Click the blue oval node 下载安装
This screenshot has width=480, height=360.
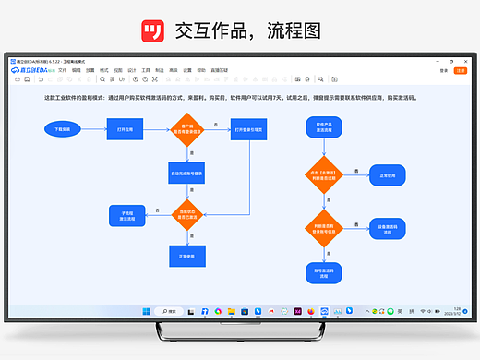click(62, 130)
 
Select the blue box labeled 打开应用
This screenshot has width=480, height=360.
click(125, 130)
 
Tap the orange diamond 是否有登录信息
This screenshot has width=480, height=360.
click(187, 130)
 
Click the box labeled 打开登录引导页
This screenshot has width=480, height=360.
click(247, 130)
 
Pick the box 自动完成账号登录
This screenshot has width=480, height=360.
click(187, 173)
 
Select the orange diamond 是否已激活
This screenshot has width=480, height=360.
click(187, 214)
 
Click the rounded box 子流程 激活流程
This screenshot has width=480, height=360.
click(127, 214)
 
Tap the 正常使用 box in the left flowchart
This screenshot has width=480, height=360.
click(187, 256)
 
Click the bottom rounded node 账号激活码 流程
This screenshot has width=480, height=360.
click(325, 271)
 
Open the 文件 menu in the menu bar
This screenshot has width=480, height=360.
click(63, 69)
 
